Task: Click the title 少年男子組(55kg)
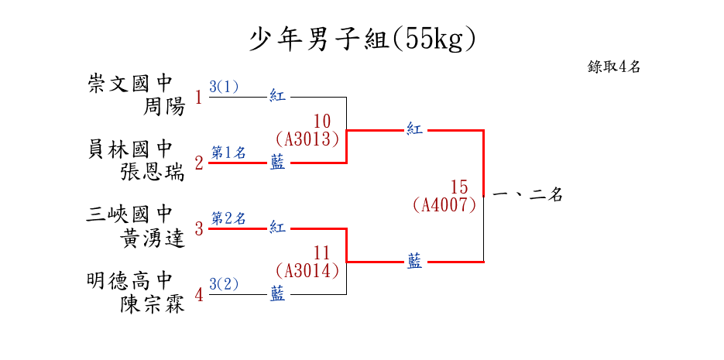(362, 39)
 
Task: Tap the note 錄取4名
(614, 67)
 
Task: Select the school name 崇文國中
(131, 84)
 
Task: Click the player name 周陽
(165, 107)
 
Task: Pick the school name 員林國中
(131, 149)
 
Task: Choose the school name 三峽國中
(130, 214)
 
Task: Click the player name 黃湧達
(153, 238)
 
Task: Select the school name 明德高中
(130, 280)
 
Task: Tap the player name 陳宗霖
(153, 304)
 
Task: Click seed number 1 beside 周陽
(199, 98)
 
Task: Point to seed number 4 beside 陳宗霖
(199, 295)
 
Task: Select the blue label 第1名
(228, 153)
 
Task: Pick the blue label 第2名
(228, 218)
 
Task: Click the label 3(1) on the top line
(224, 87)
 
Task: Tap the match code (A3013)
(308, 139)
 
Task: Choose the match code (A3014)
(308, 270)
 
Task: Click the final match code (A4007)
(444, 205)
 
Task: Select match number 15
(459, 187)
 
